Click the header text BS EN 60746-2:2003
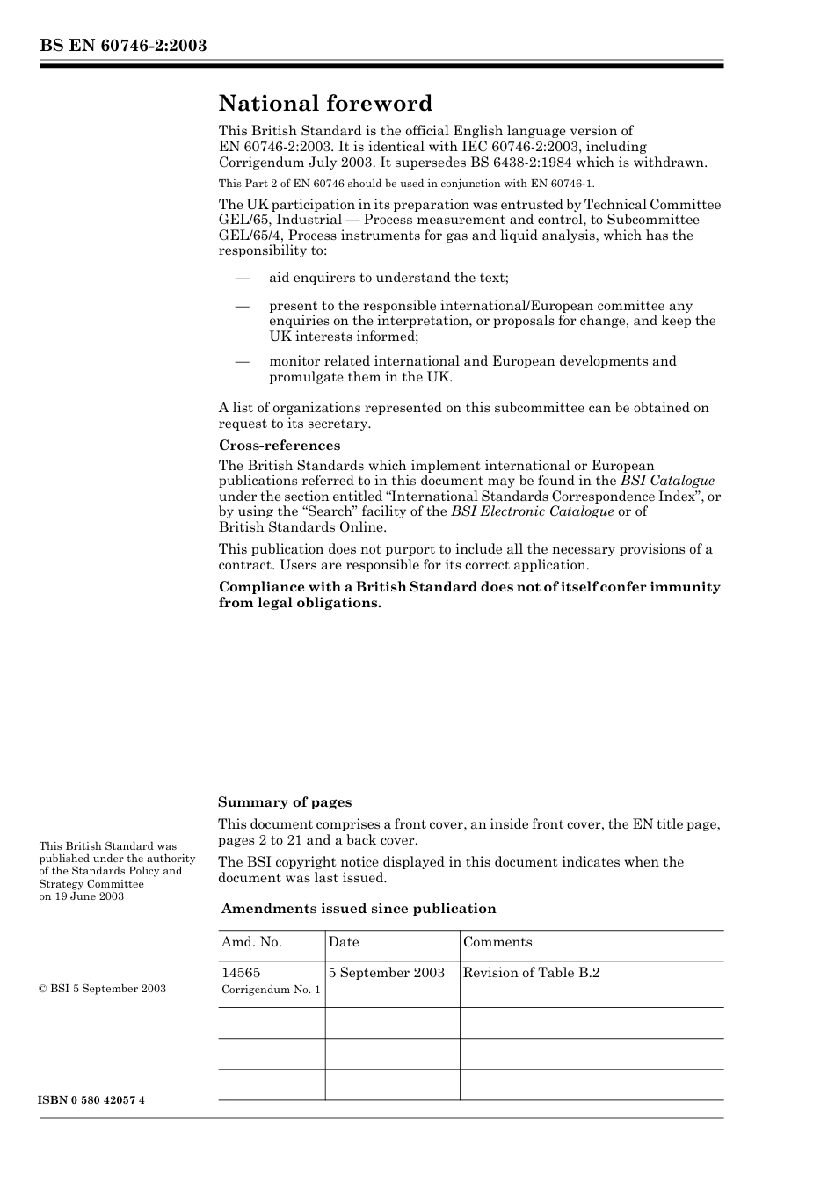coord(123,46)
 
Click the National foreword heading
coord(325,104)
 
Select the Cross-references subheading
coord(279,445)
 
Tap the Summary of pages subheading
coord(284,801)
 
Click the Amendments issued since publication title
coord(358,909)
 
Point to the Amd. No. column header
coord(251,942)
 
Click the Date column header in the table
coord(344,942)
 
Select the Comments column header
coord(497,942)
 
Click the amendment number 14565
coord(241,973)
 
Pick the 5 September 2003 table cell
coord(387,973)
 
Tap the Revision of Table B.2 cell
coord(531,973)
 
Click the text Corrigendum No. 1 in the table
coord(271,990)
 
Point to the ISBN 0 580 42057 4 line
coord(91,1100)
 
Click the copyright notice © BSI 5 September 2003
coord(102,989)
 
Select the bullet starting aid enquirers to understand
coord(388,278)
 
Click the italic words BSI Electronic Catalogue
coord(532,511)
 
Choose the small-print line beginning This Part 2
coord(406,184)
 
